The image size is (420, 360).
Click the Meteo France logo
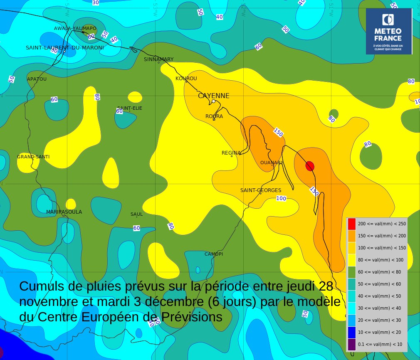(x=388, y=31)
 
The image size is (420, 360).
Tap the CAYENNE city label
(x=213, y=96)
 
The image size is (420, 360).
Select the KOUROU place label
(x=186, y=79)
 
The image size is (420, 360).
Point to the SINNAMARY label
(x=158, y=59)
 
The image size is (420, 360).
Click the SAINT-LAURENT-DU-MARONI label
(x=64, y=48)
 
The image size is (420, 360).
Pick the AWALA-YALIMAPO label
(x=75, y=28)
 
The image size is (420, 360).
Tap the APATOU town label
(x=37, y=79)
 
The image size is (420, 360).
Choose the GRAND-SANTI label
(x=33, y=157)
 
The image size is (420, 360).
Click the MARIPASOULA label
(x=64, y=212)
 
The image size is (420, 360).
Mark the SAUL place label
(x=136, y=215)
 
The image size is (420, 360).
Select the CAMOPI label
(x=214, y=254)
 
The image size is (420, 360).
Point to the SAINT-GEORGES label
(x=261, y=190)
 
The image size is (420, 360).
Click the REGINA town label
(x=231, y=153)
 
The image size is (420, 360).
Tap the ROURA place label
(x=214, y=116)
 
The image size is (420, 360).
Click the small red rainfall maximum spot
(x=310, y=166)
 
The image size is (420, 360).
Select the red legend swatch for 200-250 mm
(x=352, y=224)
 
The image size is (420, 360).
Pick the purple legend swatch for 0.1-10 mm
(x=352, y=344)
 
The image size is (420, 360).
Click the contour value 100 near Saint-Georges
(x=281, y=198)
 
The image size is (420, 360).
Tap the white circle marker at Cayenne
(x=213, y=101)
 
